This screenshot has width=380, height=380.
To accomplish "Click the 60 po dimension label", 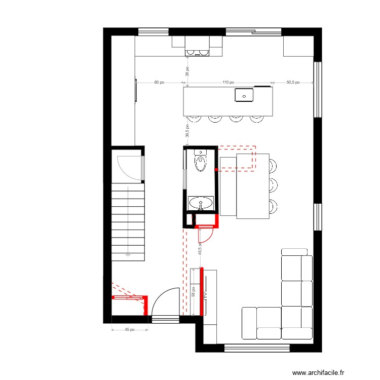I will coord(159,82).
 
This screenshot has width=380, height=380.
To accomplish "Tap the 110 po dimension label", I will coord(228,82).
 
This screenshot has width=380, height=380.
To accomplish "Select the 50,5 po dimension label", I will coord(293,82).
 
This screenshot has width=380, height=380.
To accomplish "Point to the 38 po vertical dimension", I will coord(187,71).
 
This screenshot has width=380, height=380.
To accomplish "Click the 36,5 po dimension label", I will coord(187,131).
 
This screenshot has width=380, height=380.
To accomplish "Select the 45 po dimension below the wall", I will coord(130,329).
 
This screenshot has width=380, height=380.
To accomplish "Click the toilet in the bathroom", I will coord(201,162).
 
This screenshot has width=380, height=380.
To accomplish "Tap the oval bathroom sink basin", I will coord(201,204).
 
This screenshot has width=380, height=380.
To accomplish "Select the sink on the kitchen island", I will coord(244,94).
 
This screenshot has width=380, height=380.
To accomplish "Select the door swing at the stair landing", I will coord(129,168).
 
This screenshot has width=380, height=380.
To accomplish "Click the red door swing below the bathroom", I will coord(206,236).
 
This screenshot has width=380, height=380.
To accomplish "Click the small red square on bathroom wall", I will coord(216,169).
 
